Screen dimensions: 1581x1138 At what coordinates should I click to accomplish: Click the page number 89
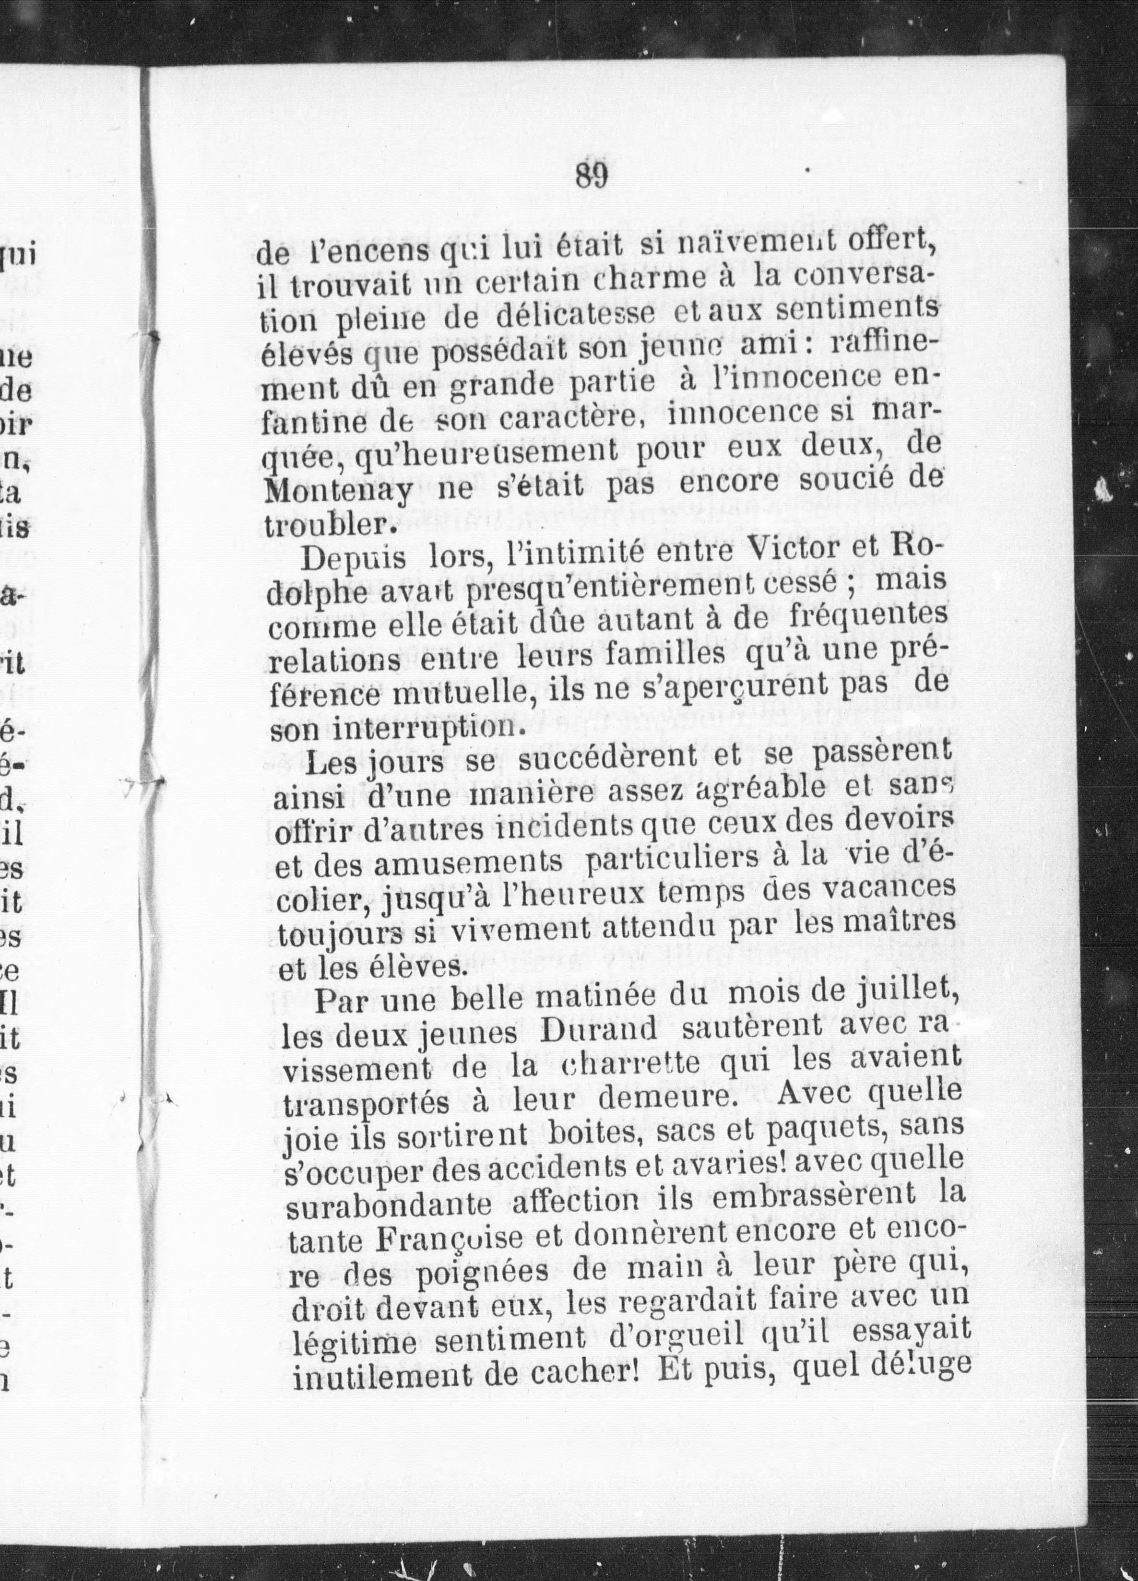click(x=593, y=176)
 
